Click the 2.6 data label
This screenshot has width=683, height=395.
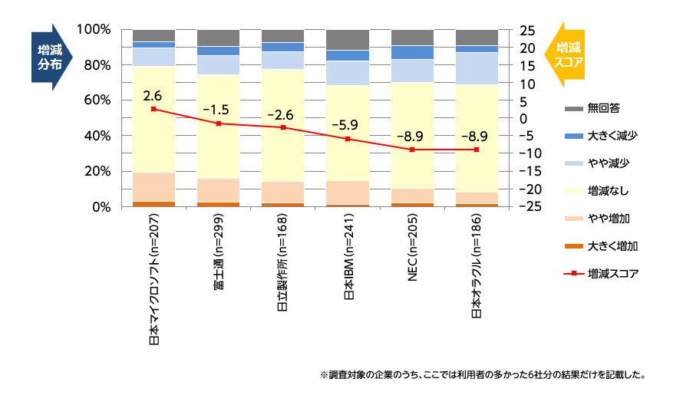point(153,96)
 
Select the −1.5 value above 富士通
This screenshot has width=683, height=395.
point(218,110)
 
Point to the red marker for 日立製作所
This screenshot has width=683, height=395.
point(283,127)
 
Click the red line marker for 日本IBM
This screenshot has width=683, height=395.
point(348,139)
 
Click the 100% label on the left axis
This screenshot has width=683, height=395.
point(95,29)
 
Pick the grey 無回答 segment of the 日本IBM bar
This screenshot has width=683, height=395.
point(347,39)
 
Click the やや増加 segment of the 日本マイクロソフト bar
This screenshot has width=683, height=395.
point(153,186)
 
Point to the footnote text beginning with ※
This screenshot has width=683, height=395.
point(482,376)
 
